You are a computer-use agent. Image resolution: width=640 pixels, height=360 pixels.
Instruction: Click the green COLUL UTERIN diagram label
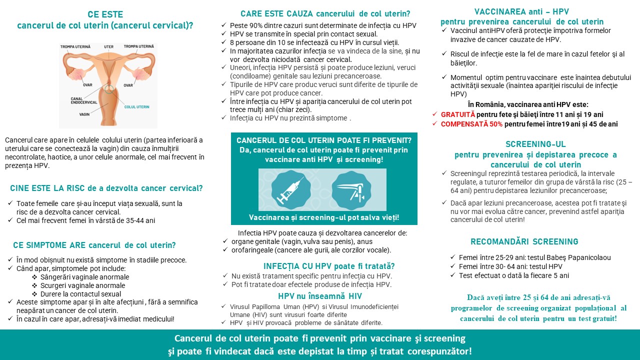[x=136, y=107]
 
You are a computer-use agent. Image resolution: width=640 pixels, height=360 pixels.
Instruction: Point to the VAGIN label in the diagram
[x=84, y=114]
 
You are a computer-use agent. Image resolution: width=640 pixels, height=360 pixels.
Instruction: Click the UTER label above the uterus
[x=108, y=46]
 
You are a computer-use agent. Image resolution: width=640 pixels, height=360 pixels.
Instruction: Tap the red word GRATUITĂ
[x=458, y=114]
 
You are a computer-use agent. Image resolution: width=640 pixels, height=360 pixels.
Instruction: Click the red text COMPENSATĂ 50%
[x=471, y=124]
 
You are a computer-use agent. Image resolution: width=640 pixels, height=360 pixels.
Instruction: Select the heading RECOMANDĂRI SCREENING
[x=524, y=242]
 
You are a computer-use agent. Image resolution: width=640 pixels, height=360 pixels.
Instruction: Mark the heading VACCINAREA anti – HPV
[x=521, y=12]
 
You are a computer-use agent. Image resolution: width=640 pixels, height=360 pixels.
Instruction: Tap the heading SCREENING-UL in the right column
[x=535, y=144]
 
